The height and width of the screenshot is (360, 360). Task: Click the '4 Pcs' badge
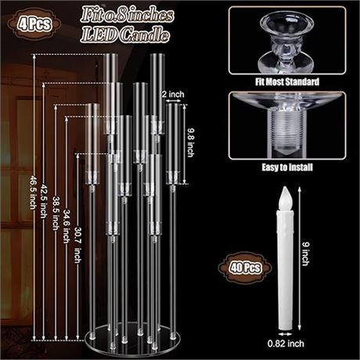tap(34, 24)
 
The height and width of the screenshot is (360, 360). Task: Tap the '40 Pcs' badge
tap(245, 268)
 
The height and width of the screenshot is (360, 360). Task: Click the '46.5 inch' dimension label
tap(32, 193)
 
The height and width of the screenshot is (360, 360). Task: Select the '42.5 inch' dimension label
tap(43, 200)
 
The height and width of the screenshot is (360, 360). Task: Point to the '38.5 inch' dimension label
tap(56, 213)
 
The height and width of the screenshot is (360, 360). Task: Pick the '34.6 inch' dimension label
tap(67, 226)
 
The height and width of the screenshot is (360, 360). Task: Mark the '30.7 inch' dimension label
tap(77, 245)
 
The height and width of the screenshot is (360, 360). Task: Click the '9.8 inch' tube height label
tap(190, 142)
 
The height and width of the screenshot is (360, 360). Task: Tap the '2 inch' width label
tap(173, 94)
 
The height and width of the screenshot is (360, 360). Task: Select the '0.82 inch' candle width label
tap(286, 344)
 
